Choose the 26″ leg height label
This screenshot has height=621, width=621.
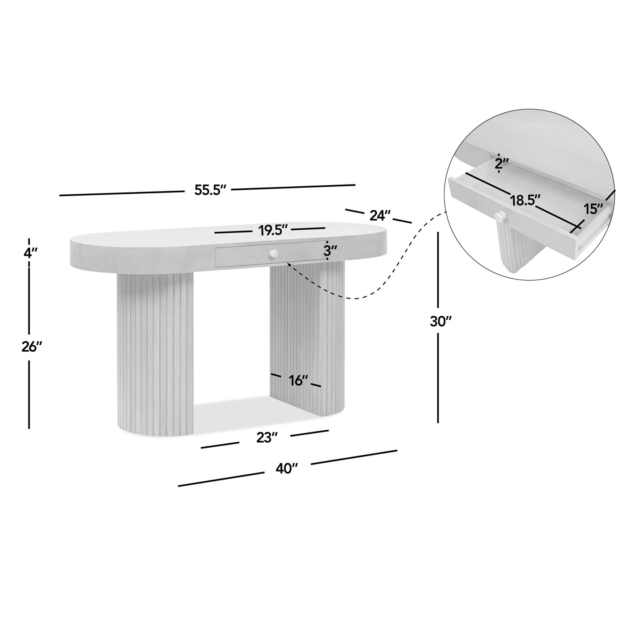(32, 347)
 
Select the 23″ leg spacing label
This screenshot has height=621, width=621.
(267, 437)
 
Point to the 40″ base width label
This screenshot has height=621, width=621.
(286, 468)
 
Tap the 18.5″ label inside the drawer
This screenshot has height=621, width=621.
(525, 200)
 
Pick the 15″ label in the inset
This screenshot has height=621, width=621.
(593, 209)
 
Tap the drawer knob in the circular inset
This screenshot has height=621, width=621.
(500, 216)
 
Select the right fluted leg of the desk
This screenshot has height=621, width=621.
(307, 338)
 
